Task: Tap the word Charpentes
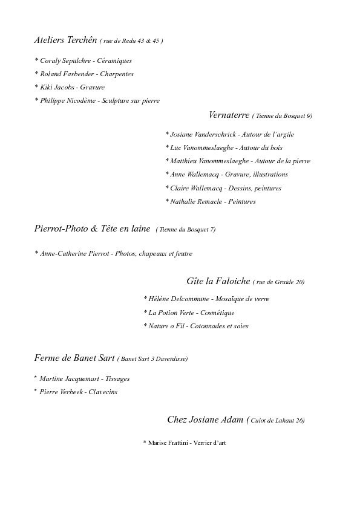coord(117,74)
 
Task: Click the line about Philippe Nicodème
coord(97,101)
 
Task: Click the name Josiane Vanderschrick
coord(203,134)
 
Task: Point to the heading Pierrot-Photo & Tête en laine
coord(92,229)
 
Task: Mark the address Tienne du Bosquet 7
coord(186,230)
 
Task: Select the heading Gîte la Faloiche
coord(216,281)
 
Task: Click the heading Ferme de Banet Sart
coord(74,358)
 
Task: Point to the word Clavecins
coord(103,392)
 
